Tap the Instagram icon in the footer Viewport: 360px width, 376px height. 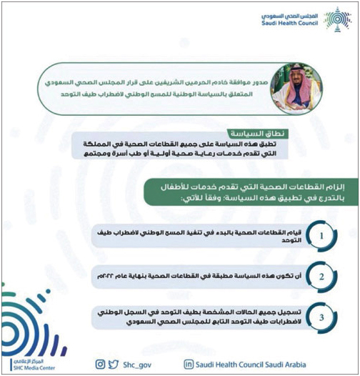(x=101, y=364)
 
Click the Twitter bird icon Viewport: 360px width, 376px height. (x=114, y=364)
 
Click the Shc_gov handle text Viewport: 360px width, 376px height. (x=136, y=364)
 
